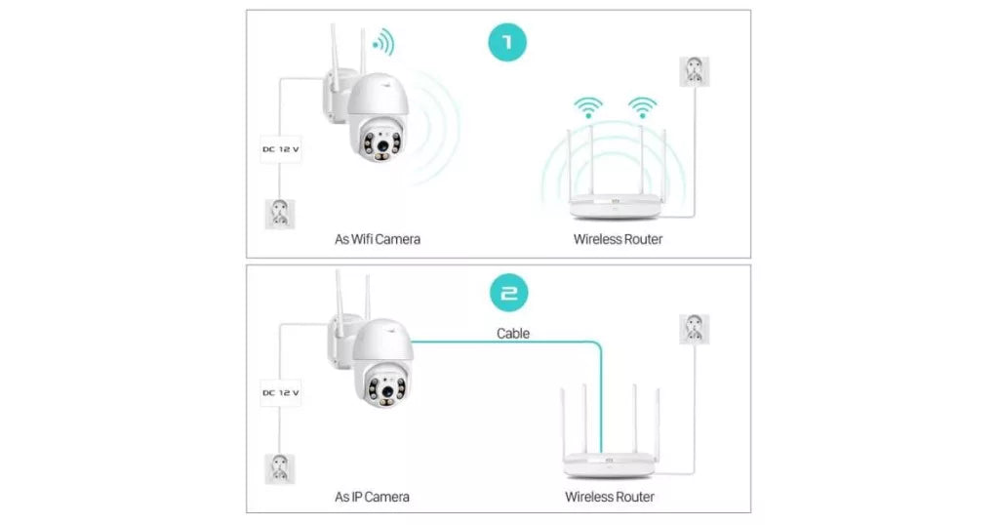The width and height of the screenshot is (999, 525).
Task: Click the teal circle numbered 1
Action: pos(507,44)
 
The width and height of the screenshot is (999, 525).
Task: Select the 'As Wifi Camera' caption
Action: pos(378,239)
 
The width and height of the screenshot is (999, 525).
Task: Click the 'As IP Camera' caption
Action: pos(372,497)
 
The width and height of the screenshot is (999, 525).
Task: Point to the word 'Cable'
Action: pos(513,334)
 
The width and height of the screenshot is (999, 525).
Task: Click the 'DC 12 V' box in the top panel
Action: pos(281,149)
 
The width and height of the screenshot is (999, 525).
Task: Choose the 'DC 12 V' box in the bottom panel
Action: pos(281,392)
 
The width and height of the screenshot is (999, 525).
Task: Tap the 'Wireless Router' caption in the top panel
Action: pos(618,239)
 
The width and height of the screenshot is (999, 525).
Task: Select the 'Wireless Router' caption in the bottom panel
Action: pos(610,497)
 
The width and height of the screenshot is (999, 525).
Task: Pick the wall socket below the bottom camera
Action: pos(281,468)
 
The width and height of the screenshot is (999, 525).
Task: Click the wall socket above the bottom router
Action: pos(694,329)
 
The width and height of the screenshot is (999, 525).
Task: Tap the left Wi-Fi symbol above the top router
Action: pos(587,105)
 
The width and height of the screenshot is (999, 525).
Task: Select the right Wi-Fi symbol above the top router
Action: pos(641,105)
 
